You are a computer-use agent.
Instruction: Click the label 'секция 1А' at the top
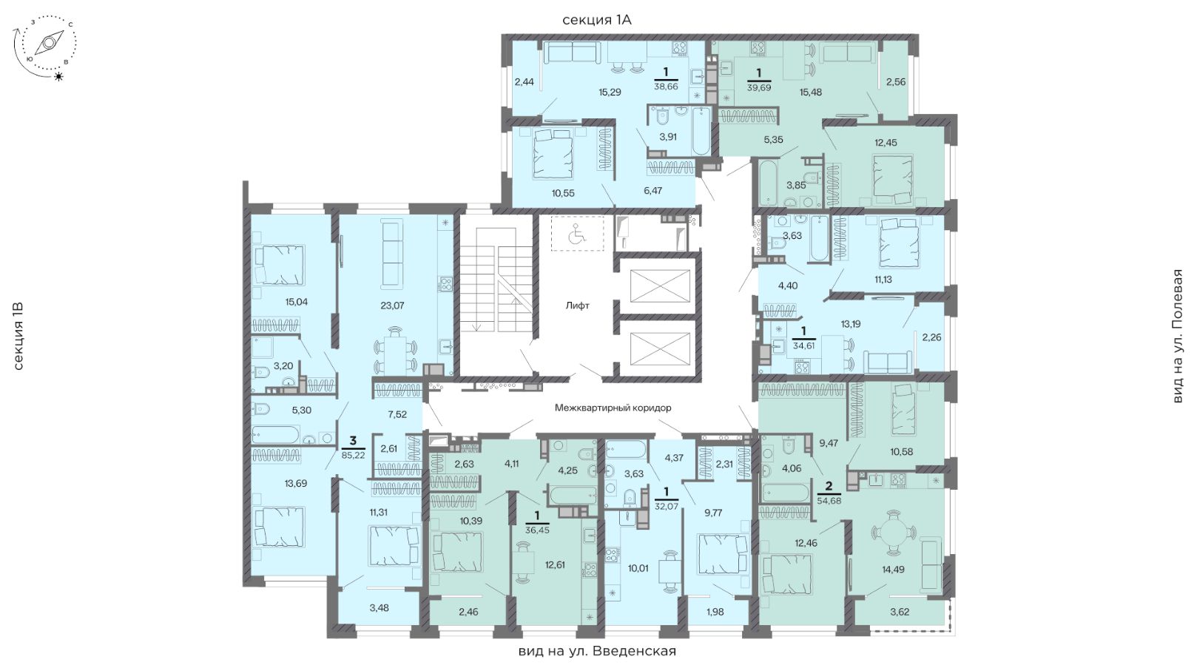tap(597, 20)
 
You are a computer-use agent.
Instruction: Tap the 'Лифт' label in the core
tap(578, 306)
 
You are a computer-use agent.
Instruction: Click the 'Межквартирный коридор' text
tap(613, 408)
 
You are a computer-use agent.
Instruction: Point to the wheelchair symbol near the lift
tap(577, 234)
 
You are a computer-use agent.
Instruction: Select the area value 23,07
tap(393, 306)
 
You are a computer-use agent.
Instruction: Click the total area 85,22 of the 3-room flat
tap(354, 456)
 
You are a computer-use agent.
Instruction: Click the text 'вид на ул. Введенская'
tap(597, 651)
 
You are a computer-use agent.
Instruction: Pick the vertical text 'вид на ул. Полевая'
tap(1178, 336)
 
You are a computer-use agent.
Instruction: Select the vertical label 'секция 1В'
tap(18, 337)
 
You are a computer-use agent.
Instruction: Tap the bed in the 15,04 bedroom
tap(280, 265)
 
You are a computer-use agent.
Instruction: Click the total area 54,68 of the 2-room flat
tap(829, 500)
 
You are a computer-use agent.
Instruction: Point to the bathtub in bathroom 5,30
tap(276, 434)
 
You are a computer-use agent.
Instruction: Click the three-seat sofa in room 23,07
tap(393, 254)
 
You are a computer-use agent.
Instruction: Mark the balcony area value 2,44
tap(524, 81)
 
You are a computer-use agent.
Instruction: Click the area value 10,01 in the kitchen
tap(638, 568)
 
